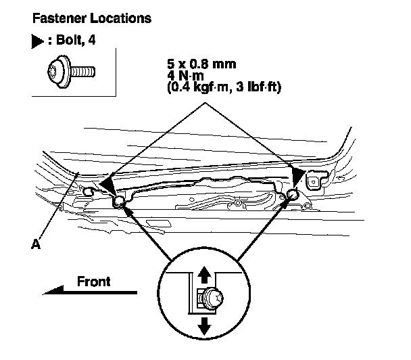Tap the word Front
point(93,281)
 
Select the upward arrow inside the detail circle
point(203,273)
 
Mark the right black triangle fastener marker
point(296,177)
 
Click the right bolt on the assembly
point(293,196)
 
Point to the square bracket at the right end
point(316,182)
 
